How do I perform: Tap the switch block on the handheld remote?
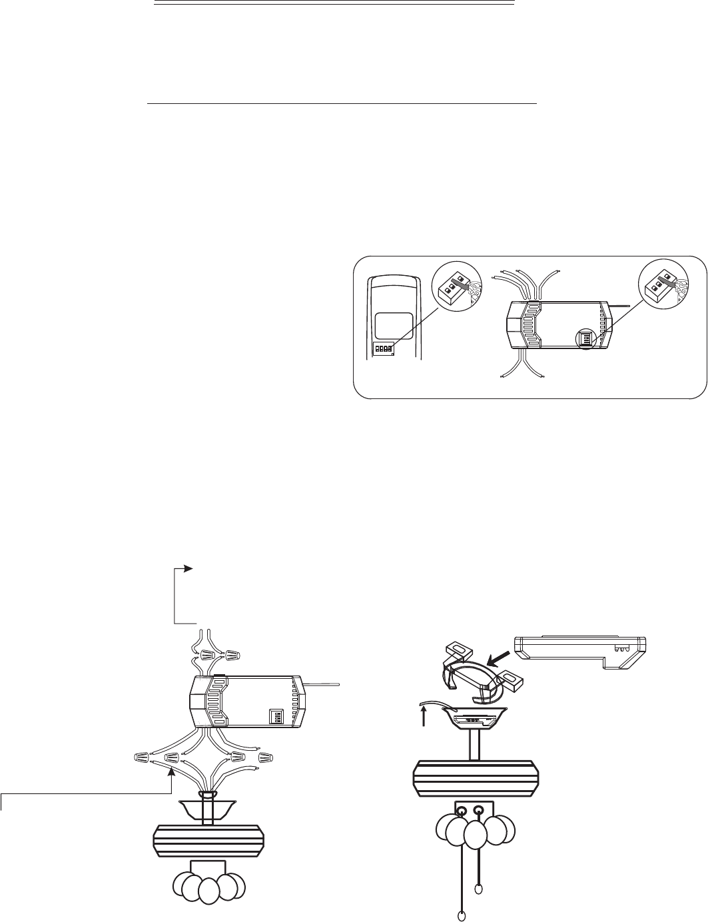tap(383, 348)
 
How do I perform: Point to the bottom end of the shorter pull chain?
tap(479, 889)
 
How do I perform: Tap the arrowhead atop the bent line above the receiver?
tap(188, 568)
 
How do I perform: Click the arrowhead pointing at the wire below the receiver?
tap(172, 770)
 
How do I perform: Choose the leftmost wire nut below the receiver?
tap(141, 757)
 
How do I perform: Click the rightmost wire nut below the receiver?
tap(266, 757)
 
